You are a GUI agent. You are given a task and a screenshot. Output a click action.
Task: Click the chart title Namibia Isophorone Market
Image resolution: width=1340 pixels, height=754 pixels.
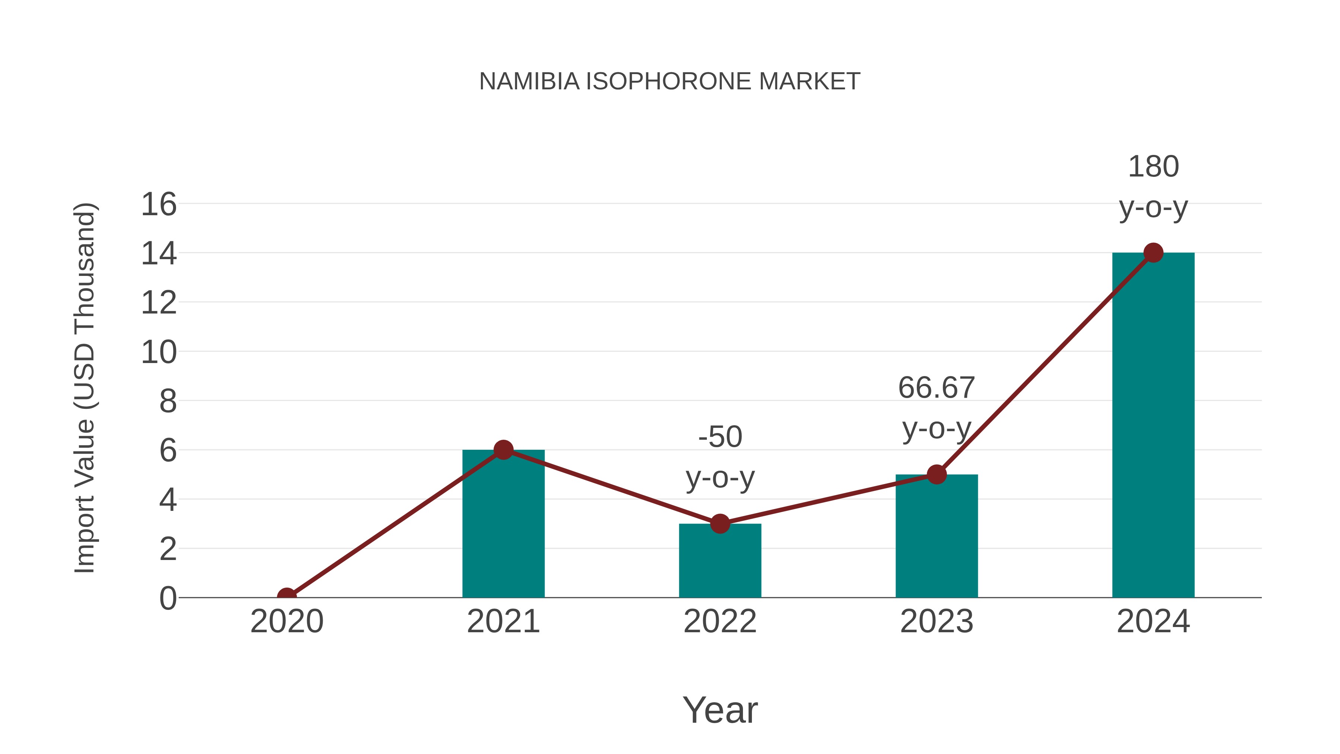pyautogui.click(x=670, y=82)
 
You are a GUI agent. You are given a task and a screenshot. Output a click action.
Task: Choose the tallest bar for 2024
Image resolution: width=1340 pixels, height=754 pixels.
pyautogui.click(x=1153, y=427)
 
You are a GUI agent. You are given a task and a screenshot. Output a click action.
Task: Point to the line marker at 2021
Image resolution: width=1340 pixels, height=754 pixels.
pyautogui.click(x=503, y=449)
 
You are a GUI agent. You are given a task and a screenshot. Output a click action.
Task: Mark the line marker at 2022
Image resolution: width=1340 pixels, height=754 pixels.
pyautogui.click(x=720, y=524)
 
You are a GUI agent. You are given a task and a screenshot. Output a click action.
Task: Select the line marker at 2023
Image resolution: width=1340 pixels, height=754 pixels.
pyautogui.click(x=937, y=474)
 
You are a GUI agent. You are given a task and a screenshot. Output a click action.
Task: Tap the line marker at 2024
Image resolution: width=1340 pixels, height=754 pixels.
pyautogui.click(x=1153, y=253)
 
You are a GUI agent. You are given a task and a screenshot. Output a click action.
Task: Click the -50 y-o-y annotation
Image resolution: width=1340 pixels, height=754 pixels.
pyautogui.click(x=720, y=457)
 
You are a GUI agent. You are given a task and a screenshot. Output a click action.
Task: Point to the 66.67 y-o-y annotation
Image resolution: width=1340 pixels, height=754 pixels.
pyautogui.click(x=937, y=408)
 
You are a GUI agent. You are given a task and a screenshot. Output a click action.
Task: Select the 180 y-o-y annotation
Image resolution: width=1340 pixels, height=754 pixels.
pyautogui.click(x=1153, y=187)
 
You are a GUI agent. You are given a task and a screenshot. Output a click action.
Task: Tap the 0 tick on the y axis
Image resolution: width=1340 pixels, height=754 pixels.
pyautogui.click(x=167, y=598)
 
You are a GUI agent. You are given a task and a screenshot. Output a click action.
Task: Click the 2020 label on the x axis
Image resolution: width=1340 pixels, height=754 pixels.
pyautogui.click(x=287, y=621)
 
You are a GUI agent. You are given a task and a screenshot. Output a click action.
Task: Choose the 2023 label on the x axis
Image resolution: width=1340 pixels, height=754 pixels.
pyautogui.click(x=937, y=621)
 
